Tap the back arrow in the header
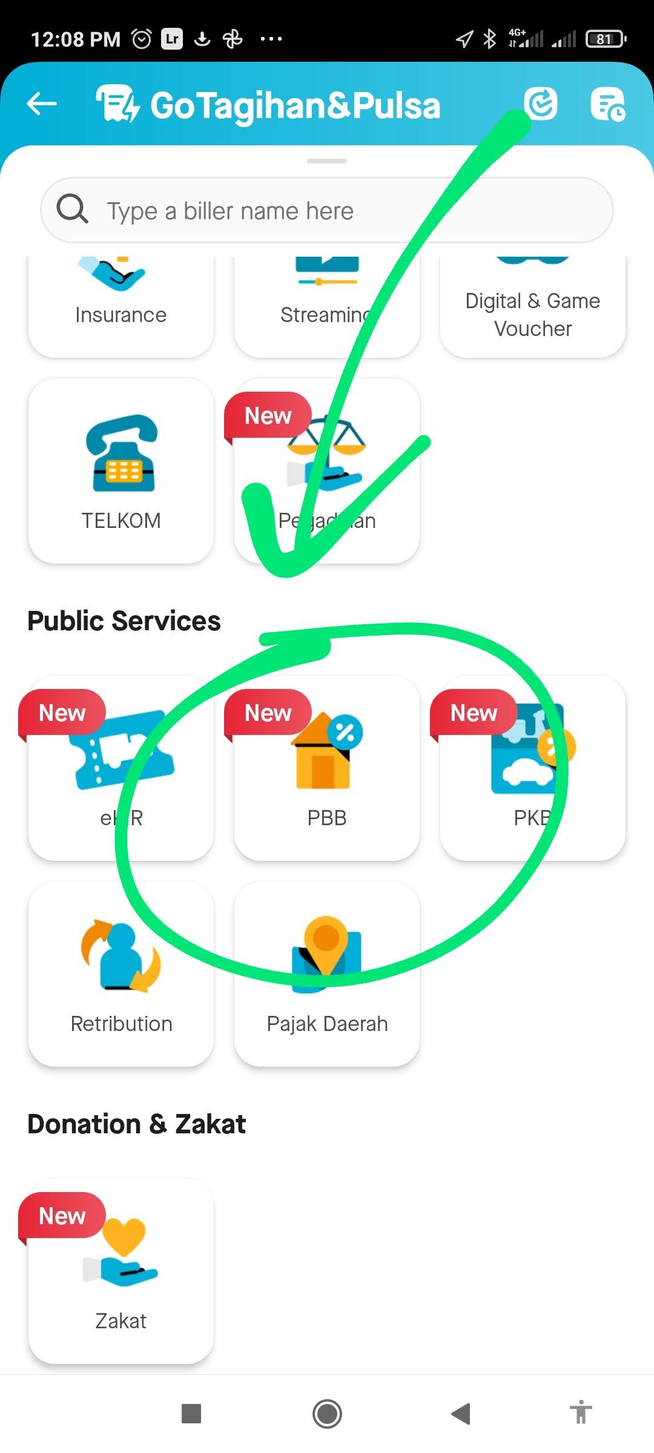[42, 104]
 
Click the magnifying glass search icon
[72, 209]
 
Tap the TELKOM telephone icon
[121, 454]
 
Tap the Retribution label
[121, 1024]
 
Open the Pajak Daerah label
[327, 1024]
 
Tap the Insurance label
[121, 315]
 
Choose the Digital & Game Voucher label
[533, 315]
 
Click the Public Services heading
[124, 621]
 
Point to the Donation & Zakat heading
[137, 1124]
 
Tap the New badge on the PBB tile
[268, 713]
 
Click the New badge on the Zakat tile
[62, 1216]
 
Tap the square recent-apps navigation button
[191, 1414]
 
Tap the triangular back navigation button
[461, 1414]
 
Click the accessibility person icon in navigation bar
[581, 1413]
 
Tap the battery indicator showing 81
[605, 39]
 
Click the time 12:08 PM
[76, 39]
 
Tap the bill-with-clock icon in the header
[607, 104]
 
